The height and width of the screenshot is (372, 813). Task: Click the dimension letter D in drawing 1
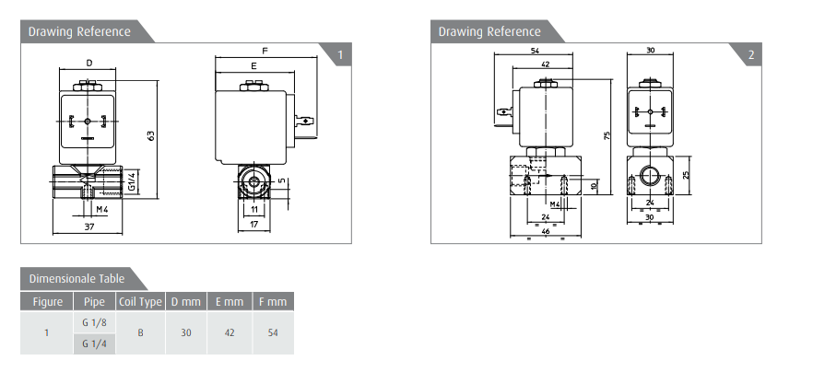tap(89, 64)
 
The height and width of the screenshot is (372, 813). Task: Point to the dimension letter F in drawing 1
tap(265, 52)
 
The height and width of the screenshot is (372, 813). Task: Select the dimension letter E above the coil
tap(253, 66)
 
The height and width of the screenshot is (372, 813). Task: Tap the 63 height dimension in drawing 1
tap(151, 135)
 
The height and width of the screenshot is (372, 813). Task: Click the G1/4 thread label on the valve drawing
tap(132, 180)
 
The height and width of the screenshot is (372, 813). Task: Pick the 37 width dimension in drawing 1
tap(89, 227)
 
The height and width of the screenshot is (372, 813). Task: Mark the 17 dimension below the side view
tap(253, 225)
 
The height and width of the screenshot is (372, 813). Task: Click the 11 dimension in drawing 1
tap(254, 209)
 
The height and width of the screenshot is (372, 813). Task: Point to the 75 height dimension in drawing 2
tap(607, 135)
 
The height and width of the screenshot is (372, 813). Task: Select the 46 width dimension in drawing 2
tap(545, 232)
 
